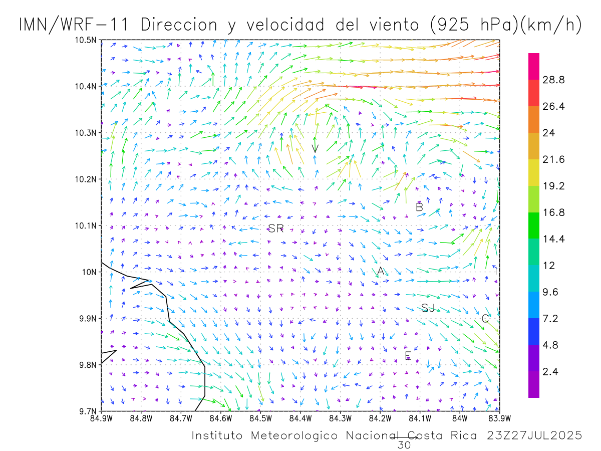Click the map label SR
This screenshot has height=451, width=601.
[276, 229]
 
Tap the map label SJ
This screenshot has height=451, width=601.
[428, 308]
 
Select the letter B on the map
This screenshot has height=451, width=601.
[420, 207]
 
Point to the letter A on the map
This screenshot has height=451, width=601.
[381, 271]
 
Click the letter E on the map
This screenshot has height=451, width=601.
[408, 356]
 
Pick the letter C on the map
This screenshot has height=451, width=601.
[485, 318]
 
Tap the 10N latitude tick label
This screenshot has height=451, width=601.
[89, 272]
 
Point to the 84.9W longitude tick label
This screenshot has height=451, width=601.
[101, 418]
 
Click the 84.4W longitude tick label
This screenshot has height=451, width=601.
[300, 418]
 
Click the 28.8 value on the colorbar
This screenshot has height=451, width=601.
[554, 80]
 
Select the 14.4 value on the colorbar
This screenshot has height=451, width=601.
[554, 239]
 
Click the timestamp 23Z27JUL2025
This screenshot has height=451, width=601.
[534, 435]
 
